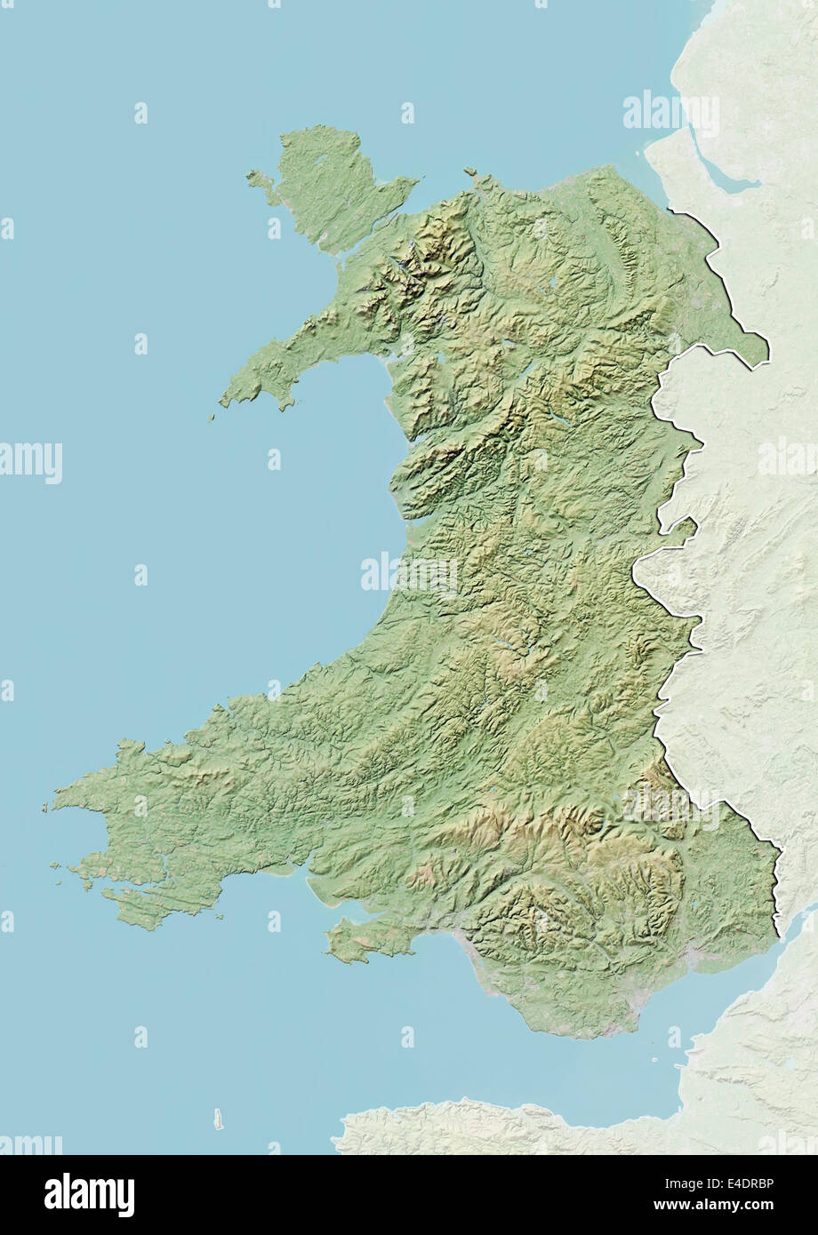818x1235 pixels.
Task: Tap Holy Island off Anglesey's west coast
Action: [x=259, y=179]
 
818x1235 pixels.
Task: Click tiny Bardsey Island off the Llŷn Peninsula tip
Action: [x=213, y=417]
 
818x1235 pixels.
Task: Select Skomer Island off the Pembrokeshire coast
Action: [x=56, y=864]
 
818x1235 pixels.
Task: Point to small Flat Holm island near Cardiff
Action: [x=657, y=1057]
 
